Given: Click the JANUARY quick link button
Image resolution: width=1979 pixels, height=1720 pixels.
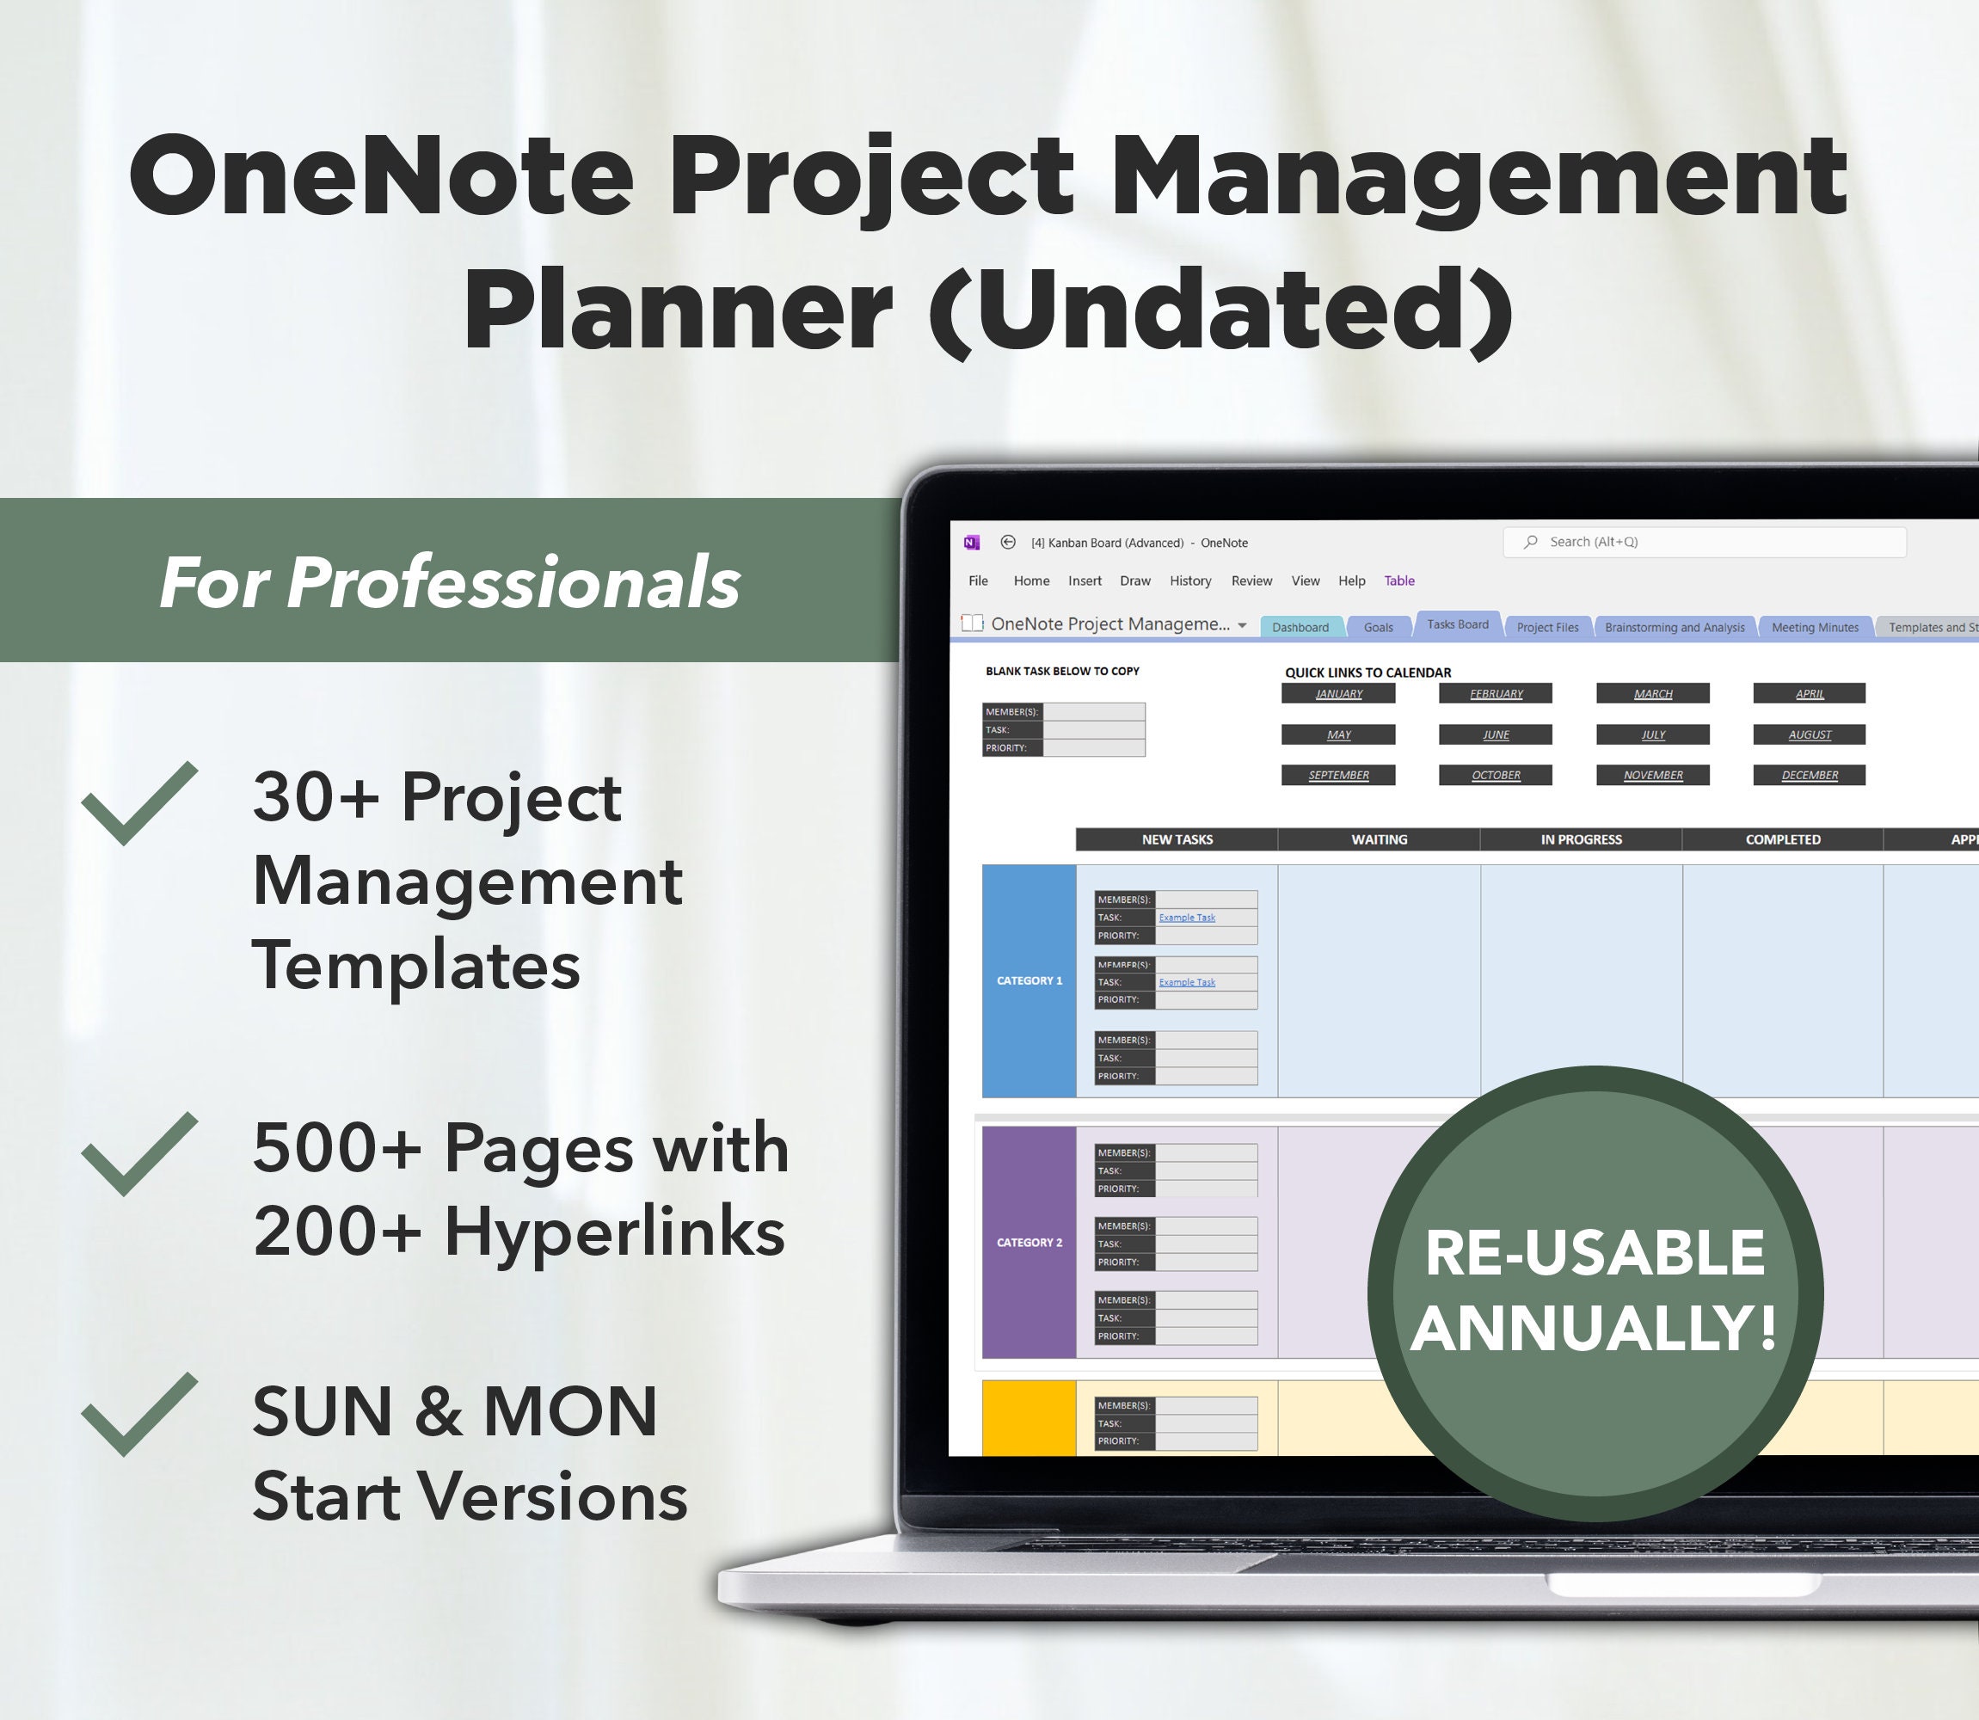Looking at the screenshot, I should coord(1338,693).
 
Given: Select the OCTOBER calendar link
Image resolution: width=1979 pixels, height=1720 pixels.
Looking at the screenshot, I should coord(1496,775).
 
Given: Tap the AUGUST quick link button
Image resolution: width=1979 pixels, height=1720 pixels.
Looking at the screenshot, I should coord(1809,734).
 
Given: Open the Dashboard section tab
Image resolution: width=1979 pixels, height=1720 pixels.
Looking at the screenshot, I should coord(1300,627).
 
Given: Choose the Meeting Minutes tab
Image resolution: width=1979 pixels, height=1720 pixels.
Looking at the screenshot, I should coord(1814,627).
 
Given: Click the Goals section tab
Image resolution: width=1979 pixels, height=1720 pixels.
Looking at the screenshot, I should coord(1377,627).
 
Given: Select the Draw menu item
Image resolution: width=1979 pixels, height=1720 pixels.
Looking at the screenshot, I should coord(1134,580).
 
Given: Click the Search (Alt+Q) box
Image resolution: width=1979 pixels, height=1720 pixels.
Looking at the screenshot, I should coord(1704,543).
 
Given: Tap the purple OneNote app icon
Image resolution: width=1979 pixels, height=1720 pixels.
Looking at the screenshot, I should coord(971,543).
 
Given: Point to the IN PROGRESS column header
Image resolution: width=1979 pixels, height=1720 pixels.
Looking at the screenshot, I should coord(1581,838).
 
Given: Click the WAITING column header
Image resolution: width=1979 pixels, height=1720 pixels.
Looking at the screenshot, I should coord(1380,838).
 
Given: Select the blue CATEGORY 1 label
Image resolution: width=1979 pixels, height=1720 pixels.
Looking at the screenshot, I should coord(1029,980).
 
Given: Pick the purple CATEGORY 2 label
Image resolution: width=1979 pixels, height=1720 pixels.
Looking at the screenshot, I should coord(1029,1242).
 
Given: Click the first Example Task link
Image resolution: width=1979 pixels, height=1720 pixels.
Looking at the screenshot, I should coord(1186,918).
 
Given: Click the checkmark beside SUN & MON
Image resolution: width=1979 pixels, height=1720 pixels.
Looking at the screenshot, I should coord(140,1413).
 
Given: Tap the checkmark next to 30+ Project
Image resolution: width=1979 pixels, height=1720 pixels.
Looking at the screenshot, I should coord(140,802).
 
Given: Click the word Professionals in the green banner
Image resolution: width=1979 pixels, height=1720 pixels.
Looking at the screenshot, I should coord(513,581).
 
